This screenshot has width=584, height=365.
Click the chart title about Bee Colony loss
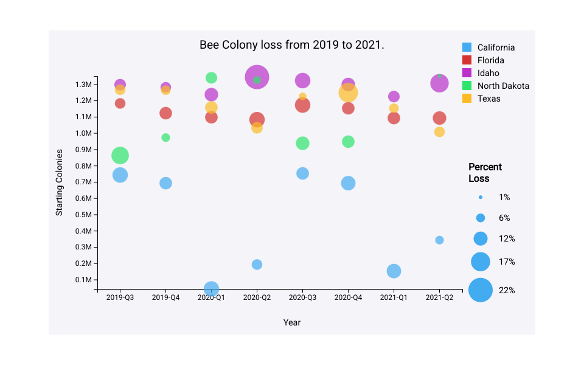292,45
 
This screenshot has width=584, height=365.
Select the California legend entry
496,47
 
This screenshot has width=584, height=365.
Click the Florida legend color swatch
467,60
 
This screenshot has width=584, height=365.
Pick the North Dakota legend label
503,86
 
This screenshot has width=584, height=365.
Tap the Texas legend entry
488,99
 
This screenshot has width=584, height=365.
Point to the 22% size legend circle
481,290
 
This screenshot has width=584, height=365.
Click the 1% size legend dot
481,197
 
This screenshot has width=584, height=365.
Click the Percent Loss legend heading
485,173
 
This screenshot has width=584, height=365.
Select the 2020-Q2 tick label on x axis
257,297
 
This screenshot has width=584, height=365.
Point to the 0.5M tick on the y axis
83,215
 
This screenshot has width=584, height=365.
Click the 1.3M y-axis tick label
83,84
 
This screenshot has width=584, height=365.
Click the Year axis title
292,322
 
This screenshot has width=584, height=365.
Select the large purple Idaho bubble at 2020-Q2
257,77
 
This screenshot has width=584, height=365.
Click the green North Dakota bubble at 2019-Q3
120,156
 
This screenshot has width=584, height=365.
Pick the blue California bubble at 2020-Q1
211,288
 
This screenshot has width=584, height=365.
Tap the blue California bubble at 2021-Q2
439,240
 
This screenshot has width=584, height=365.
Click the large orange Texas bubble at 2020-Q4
348,93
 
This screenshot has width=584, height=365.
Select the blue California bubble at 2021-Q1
394,271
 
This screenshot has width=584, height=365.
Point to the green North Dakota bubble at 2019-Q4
165,137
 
